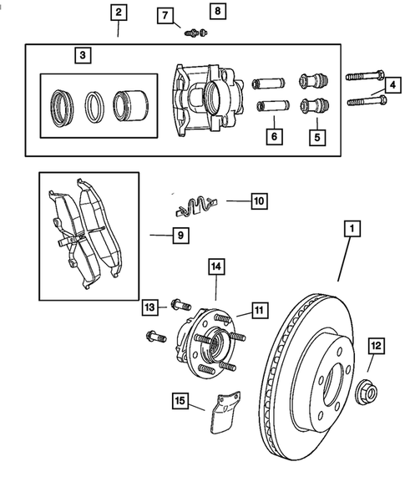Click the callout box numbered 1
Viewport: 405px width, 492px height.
(353, 228)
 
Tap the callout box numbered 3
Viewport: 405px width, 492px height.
(82, 56)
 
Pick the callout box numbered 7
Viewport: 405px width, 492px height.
(165, 16)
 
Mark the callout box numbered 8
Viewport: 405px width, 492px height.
(217, 11)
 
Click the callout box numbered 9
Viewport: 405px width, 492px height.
(178, 236)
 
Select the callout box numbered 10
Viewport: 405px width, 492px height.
(259, 200)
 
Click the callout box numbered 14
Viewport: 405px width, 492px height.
(215, 267)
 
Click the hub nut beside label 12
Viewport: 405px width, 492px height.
(365, 389)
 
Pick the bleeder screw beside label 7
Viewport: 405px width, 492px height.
(195, 33)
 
